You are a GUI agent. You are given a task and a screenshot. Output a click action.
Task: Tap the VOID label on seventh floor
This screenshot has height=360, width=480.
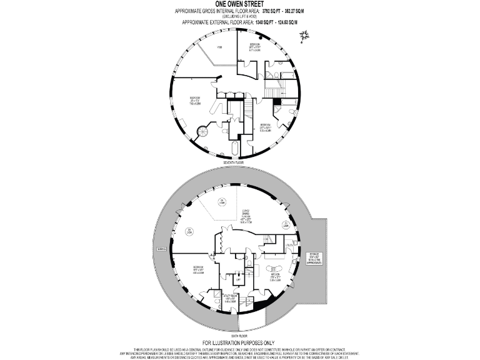pos(219,47)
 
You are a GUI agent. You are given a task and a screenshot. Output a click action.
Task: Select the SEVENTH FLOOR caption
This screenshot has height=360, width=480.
pos(239,162)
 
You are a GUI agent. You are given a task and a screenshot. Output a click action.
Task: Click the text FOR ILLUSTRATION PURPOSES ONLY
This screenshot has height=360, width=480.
pos(239,342)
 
